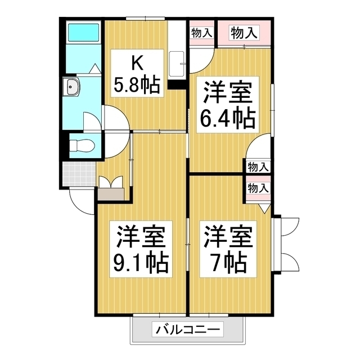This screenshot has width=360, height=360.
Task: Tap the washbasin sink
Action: click(73, 87)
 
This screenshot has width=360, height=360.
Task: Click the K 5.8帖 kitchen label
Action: click(137, 74)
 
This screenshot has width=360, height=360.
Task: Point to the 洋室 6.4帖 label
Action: click(228, 104)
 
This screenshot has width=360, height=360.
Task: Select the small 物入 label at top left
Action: click(201, 33)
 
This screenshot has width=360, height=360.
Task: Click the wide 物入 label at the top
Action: click(244, 33)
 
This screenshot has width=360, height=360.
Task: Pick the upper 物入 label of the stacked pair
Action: click(258, 167)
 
